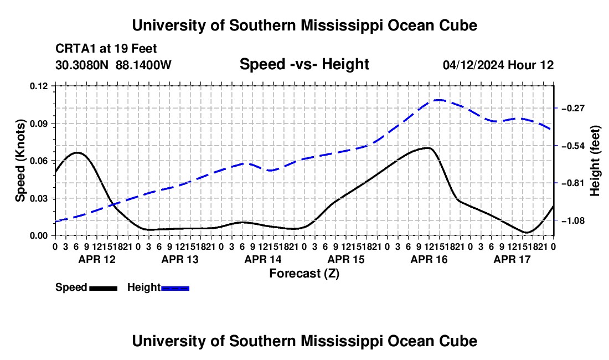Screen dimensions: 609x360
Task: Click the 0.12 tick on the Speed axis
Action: coord(38,86)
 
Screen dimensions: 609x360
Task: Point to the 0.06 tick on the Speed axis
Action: coord(38,161)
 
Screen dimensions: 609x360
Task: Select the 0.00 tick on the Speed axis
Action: coord(38,236)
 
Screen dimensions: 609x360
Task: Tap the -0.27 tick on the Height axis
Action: coord(573,108)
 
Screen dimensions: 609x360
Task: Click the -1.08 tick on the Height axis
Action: coord(573,220)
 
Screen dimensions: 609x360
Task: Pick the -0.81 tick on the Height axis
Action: coord(573,183)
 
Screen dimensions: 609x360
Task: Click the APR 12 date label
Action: coord(97,259)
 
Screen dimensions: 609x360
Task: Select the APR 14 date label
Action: coord(263,259)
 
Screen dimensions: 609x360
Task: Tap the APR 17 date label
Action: coord(512,259)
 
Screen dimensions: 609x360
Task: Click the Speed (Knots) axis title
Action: coord(20,161)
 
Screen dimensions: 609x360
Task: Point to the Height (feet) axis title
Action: coord(595,161)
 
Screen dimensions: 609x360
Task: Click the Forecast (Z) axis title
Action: coord(304,274)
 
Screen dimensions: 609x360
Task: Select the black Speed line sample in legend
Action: coord(104,289)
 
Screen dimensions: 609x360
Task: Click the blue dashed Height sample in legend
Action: coord(175,289)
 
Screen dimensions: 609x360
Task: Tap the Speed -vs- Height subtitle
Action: coord(304,64)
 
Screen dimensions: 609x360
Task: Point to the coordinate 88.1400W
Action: coord(143,65)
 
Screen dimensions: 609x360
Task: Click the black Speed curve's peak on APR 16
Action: coord(427,148)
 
